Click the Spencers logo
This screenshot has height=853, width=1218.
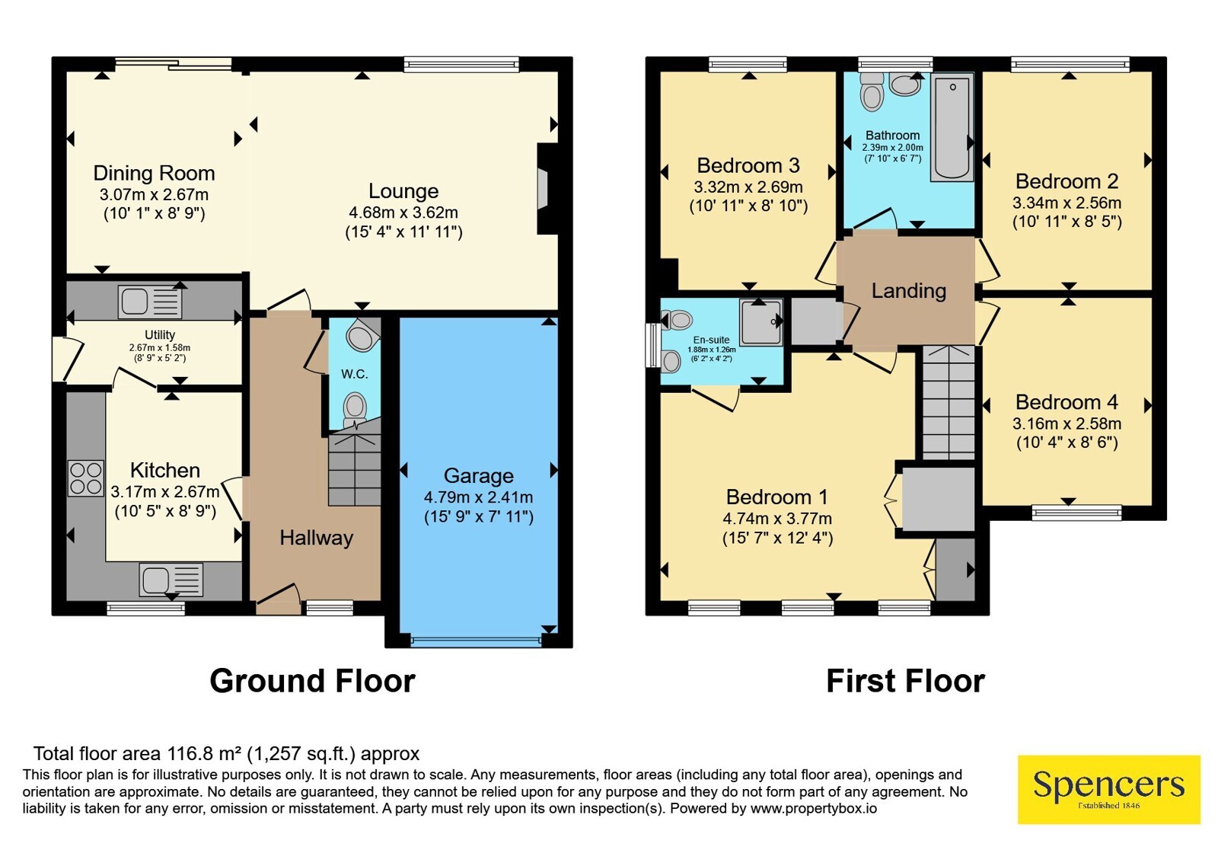(1108, 789)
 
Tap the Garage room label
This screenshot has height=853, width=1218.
(479, 475)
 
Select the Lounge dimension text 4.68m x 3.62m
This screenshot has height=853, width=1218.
(403, 212)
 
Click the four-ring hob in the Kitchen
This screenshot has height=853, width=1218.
(86, 478)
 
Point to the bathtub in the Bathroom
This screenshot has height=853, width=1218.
(952, 128)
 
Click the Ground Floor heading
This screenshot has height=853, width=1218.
(313, 681)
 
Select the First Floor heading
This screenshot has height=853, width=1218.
(905, 681)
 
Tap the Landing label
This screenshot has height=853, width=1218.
(909, 291)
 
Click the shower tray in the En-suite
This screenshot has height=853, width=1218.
(761, 321)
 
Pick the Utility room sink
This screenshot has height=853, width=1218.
(150, 302)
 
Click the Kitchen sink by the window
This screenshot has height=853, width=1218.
(171, 580)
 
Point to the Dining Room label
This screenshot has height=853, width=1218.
(154, 173)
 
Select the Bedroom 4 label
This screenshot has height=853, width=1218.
(1067, 402)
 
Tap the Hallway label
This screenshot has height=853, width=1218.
(317, 538)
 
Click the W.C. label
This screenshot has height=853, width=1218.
(355, 374)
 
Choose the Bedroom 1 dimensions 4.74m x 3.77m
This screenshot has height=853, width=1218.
(777, 519)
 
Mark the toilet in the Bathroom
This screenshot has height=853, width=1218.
(872, 92)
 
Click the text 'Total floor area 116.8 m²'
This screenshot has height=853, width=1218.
(137, 753)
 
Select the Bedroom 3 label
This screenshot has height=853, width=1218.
(748, 165)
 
